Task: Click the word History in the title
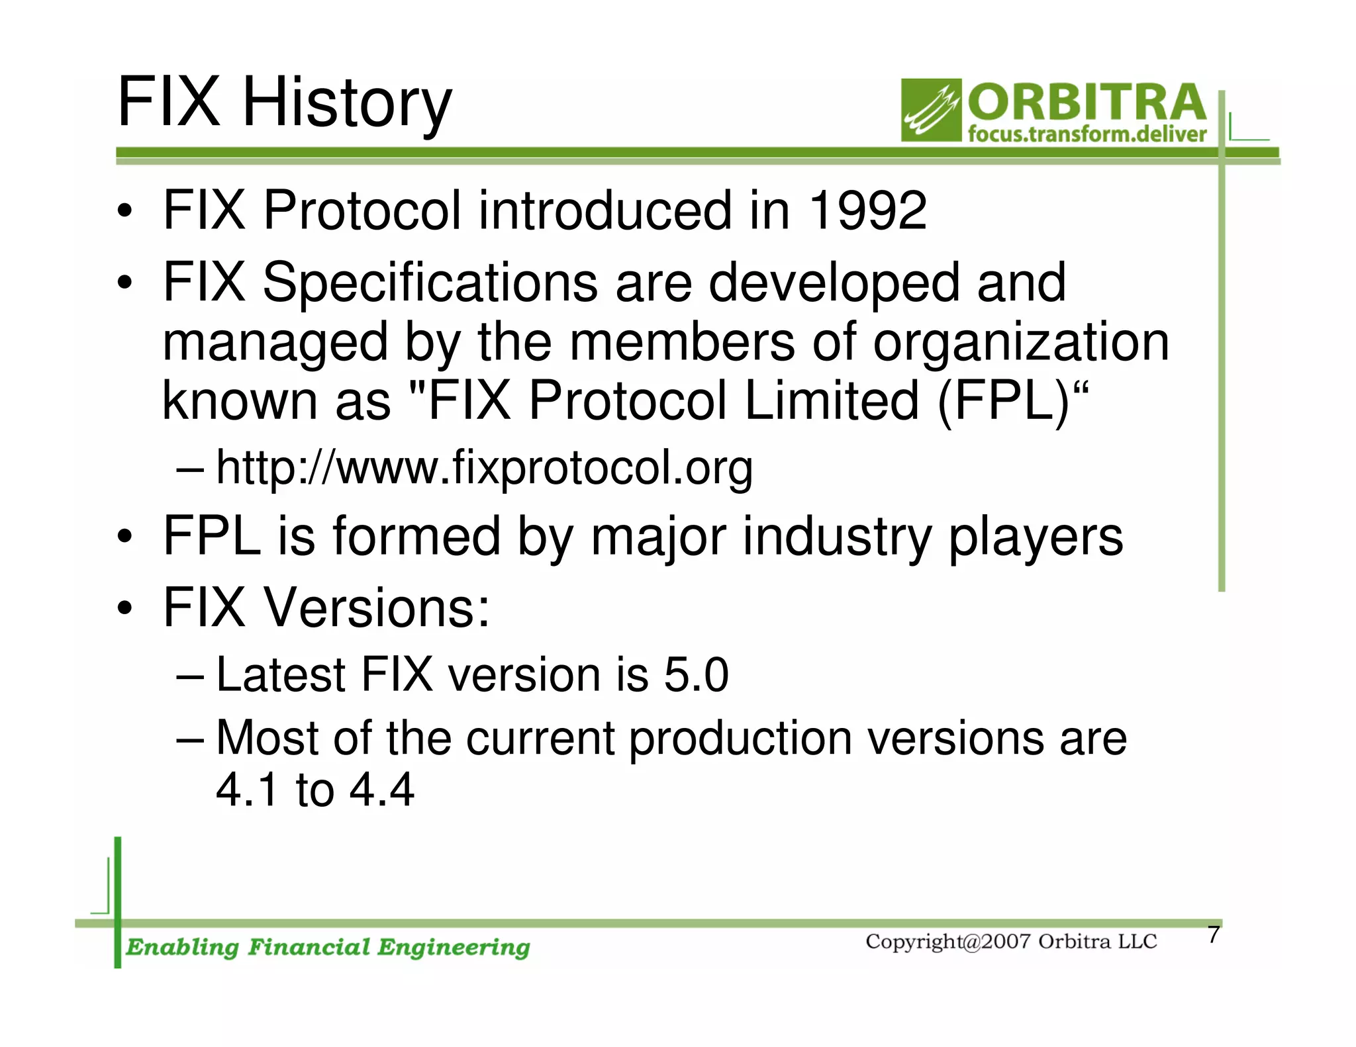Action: pyautogui.click(x=347, y=104)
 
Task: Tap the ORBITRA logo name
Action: pyautogui.click(x=1087, y=103)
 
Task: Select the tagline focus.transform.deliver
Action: pyautogui.click(x=1087, y=134)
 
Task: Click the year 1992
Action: pyautogui.click(x=868, y=210)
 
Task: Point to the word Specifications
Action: pyautogui.click(x=430, y=283)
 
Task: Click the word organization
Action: pyautogui.click(x=1021, y=343)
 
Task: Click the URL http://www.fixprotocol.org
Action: pyautogui.click(x=485, y=468)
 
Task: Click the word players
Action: pyautogui.click(x=1036, y=537)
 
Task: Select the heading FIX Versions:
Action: pyautogui.click(x=326, y=608)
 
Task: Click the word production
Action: pyautogui.click(x=740, y=739)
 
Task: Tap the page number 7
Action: pyautogui.click(x=1213, y=934)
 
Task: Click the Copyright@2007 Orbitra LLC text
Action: pyautogui.click(x=1011, y=942)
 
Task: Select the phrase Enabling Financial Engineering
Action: pyautogui.click(x=328, y=947)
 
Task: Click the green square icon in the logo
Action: pyautogui.click(x=931, y=110)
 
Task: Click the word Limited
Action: pyautogui.click(x=832, y=401)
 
